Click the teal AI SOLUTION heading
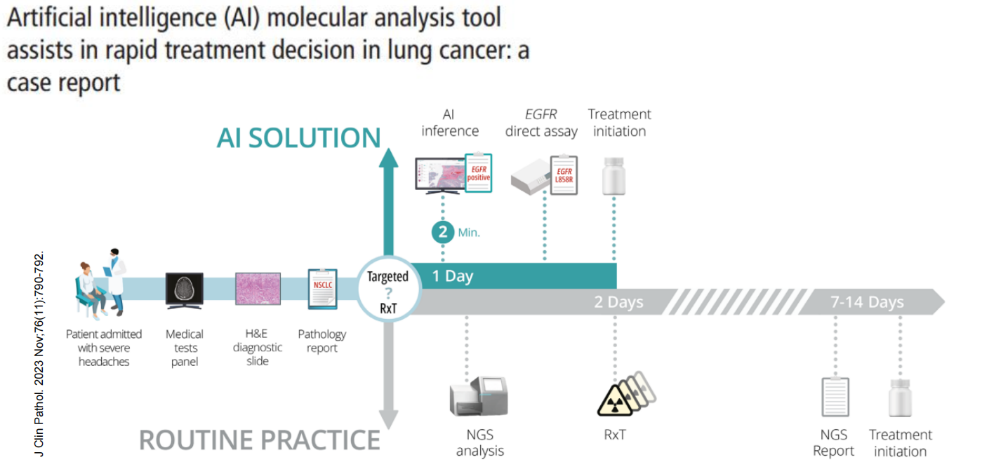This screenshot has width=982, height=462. pyautogui.click(x=299, y=137)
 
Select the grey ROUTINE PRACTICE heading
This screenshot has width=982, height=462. pyautogui.click(x=260, y=440)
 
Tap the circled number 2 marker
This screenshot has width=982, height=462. pyautogui.click(x=443, y=232)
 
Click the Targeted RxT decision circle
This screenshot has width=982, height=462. pyautogui.click(x=387, y=292)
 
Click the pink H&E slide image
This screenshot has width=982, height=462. pyautogui.click(x=257, y=289)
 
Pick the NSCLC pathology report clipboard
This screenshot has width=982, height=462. pyautogui.click(x=323, y=289)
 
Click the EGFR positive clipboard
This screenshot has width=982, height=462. pyautogui.click(x=478, y=172)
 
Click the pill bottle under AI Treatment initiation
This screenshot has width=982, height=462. pyautogui.click(x=614, y=176)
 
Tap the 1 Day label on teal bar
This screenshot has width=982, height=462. pyautogui.click(x=452, y=276)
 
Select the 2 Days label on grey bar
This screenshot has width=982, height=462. pyautogui.click(x=618, y=303)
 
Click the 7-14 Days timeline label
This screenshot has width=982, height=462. pyautogui.click(x=867, y=303)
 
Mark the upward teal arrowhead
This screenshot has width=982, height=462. pyautogui.click(x=388, y=158)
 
